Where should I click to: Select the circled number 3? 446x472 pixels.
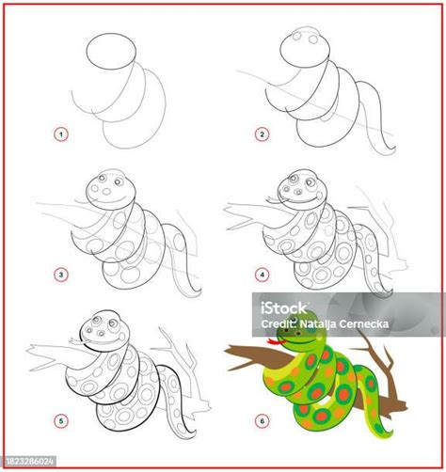click(62, 275)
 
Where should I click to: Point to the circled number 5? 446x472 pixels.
click(62, 421)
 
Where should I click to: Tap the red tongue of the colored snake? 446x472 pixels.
click(276, 341)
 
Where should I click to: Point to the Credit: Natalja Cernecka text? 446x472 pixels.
click(371, 324)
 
